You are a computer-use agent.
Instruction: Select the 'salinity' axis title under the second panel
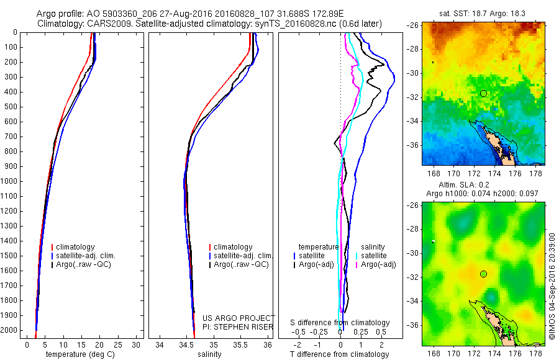213,354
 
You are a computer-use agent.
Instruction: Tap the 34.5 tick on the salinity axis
186,344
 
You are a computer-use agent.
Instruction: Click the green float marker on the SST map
483,93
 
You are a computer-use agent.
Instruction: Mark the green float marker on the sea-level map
483,274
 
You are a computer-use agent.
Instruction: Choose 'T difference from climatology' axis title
340,354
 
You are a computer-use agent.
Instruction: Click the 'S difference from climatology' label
340,323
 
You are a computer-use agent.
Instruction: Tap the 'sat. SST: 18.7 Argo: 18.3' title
478,13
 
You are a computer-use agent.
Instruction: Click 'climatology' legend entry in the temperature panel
75,247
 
